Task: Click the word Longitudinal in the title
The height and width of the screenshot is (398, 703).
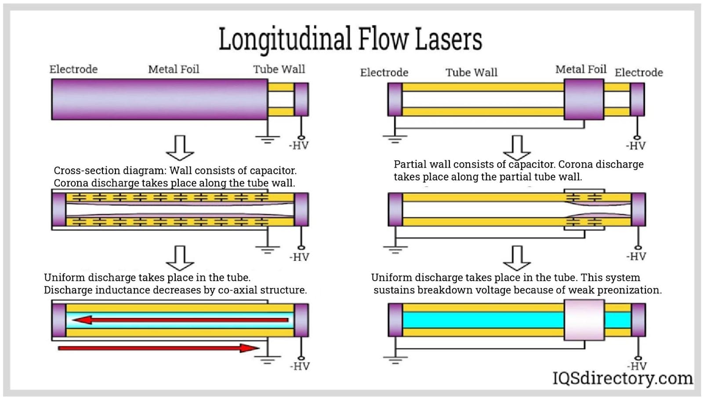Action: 285,40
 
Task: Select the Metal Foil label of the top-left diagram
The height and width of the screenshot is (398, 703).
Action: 174,69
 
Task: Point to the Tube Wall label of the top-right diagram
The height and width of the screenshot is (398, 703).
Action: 471,72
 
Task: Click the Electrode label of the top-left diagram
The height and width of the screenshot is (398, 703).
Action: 73,69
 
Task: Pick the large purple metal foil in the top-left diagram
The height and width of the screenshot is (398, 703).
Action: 159,99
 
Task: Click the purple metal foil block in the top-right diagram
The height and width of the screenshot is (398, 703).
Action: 584,99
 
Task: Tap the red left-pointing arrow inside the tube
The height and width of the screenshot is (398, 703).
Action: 180,320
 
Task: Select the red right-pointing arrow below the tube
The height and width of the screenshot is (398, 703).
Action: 159,348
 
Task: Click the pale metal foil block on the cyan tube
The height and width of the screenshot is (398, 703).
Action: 584,320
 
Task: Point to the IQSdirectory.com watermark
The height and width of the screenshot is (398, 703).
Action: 622,378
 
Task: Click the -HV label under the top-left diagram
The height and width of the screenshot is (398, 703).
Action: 299,146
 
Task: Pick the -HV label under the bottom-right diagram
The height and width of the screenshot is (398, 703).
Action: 637,366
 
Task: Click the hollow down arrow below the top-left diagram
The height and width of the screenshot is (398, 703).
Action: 180,148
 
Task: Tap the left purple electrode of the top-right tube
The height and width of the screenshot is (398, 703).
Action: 395,99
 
